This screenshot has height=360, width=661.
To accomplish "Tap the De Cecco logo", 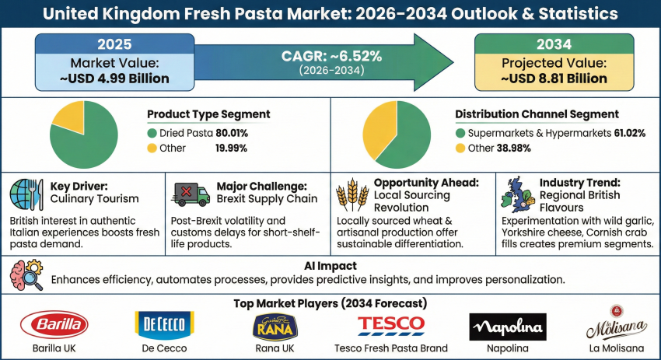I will pos(164,324).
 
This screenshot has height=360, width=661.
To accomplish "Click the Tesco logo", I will pos(390,323).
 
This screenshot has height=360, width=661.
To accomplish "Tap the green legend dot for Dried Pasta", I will pos(152,134).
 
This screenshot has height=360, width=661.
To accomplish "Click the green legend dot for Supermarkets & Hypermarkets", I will pos(460,134).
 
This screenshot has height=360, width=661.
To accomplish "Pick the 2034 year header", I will pos(554,44).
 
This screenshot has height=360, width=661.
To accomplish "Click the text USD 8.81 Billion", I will pos(554,79).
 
